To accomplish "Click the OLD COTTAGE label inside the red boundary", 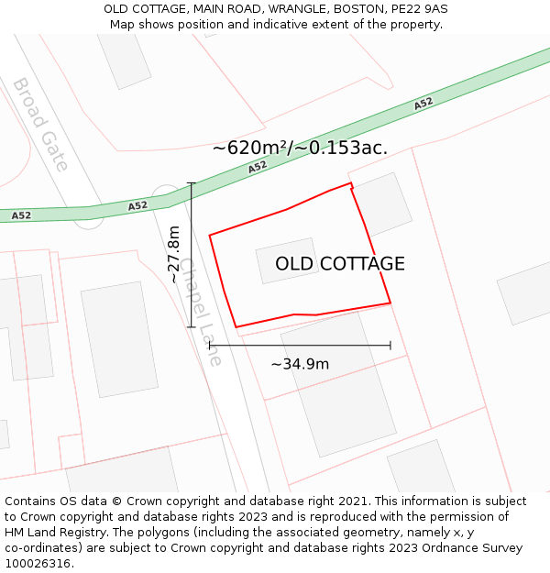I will [x=340, y=264].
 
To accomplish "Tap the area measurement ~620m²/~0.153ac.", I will [x=300, y=147].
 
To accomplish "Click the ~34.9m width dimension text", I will [x=300, y=364].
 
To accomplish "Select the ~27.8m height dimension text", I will [x=174, y=255].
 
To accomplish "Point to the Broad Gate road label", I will [x=39, y=124].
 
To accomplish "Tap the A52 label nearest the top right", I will [x=423, y=104].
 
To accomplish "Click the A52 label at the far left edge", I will [x=21, y=215].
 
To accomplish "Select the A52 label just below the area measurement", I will [x=258, y=167].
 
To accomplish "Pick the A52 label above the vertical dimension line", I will [x=137, y=206].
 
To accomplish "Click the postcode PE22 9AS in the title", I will [x=421, y=9].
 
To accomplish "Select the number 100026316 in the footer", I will [x=38, y=564].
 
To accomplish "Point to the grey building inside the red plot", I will [x=287, y=260].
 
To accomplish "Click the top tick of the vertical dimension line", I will [x=192, y=183].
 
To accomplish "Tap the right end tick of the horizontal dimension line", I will [x=390, y=346].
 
